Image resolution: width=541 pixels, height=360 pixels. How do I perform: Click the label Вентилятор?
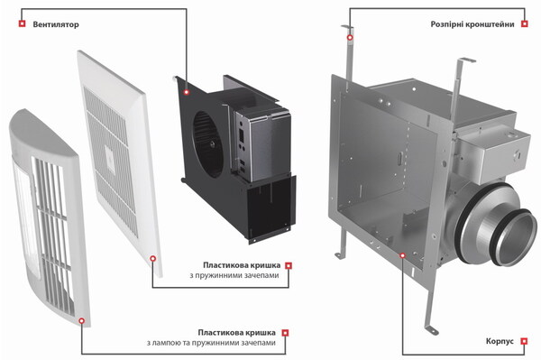[56, 24]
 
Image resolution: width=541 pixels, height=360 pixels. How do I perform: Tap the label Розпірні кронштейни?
[472, 24]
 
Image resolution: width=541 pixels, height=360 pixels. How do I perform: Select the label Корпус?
[500, 341]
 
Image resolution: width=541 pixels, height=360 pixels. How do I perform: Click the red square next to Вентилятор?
[22, 23]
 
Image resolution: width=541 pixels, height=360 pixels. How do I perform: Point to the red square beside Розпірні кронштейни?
[525, 23]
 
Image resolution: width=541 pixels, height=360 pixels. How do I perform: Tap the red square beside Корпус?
[524, 341]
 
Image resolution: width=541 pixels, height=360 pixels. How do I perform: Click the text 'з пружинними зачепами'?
[234, 275]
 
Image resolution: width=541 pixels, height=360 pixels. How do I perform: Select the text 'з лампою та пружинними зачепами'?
[211, 343]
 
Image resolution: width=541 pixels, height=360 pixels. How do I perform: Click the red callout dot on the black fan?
[187, 92]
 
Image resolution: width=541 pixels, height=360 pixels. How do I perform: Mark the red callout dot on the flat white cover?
[153, 258]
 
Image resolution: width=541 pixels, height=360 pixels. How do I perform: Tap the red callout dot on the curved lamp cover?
[81, 320]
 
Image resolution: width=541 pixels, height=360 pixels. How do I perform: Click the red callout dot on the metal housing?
[402, 255]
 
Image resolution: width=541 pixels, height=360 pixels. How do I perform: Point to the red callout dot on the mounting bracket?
[350, 37]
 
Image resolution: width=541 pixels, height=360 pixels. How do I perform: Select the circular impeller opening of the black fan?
[207, 144]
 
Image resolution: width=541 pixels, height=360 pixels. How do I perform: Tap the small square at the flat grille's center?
[110, 159]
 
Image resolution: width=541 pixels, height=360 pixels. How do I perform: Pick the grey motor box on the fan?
[263, 145]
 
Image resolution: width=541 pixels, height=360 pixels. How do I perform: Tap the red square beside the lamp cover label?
[285, 333]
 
